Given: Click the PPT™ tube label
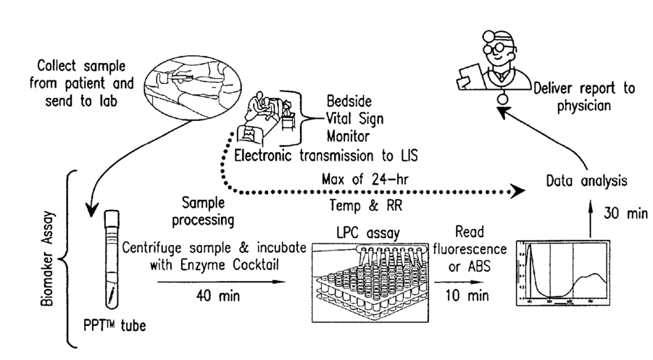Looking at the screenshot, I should pyautogui.click(x=114, y=324).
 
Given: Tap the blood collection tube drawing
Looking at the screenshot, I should pyautogui.click(x=112, y=261).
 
